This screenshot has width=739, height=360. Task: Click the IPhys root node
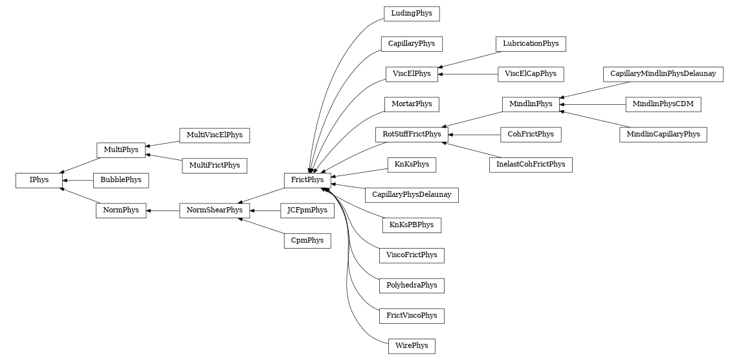39,180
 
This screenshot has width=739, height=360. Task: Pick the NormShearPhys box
214,210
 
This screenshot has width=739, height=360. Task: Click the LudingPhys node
412,14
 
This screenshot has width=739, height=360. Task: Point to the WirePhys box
412,346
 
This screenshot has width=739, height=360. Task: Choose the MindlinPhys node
531,104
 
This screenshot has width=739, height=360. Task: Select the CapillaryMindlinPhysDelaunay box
663,74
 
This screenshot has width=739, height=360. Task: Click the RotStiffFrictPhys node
412,135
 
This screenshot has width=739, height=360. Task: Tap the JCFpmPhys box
307,210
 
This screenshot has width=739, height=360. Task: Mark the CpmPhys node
307,241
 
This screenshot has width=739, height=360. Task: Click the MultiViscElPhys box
214,135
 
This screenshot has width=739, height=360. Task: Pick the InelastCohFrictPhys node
530,164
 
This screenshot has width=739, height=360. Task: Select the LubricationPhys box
531,44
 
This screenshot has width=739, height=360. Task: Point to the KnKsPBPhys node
412,225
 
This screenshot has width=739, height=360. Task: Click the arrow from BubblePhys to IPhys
77,180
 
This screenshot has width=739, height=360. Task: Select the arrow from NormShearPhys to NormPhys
162,210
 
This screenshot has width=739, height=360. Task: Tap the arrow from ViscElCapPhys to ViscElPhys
467,74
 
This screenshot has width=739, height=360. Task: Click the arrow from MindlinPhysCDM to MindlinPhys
593,104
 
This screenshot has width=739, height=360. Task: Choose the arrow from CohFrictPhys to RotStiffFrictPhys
474,135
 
